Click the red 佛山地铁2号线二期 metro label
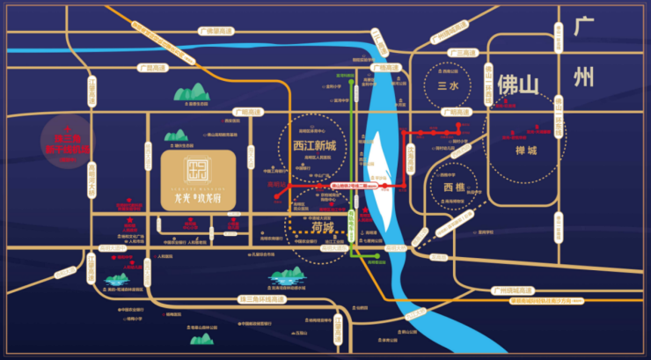pyautogui.click(x=355, y=187)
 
